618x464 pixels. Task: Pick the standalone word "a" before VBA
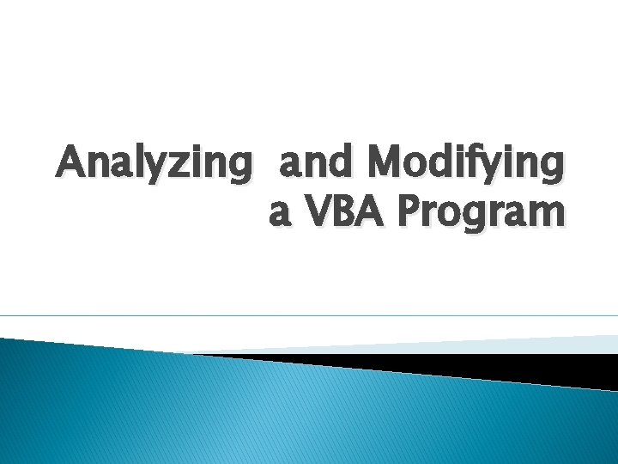tap(281, 214)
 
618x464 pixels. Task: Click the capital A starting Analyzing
tap(71, 161)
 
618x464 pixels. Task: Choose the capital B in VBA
tap(345, 211)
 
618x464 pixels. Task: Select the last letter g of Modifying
tap(552, 167)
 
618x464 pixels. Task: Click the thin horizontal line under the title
tap(309, 316)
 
